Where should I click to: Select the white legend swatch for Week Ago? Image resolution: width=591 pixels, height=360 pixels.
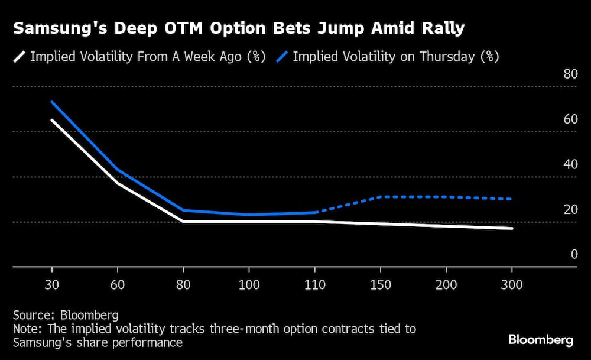[x=20, y=57]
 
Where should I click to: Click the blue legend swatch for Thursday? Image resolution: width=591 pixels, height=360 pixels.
[x=282, y=57]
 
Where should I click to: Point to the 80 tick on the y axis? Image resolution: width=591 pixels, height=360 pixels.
[x=570, y=74]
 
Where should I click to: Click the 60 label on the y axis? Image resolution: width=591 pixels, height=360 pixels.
[x=570, y=119]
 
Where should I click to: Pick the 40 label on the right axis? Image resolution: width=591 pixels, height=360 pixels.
[x=570, y=164]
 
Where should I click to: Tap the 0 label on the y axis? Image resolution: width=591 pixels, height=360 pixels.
[x=573, y=254]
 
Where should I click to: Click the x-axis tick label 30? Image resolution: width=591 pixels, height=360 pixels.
[x=52, y=284]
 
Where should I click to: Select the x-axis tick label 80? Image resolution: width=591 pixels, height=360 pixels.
[x=184, y=284]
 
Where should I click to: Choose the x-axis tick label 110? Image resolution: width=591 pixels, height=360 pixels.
[x=315, y=284]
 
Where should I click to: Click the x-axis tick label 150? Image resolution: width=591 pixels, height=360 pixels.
[x=381, y=284]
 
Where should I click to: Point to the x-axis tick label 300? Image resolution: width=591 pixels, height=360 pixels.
[x=512, y=284]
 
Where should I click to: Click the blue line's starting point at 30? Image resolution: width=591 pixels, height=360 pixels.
[x=52, y=102]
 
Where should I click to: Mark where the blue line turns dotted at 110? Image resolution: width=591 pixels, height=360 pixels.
[x=317, y=212]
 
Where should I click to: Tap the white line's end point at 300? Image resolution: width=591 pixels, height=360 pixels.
[x=512, y=228]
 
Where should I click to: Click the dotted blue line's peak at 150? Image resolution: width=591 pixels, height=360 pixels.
[x=381, y=196]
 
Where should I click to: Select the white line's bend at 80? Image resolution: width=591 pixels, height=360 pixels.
[x=184, y=221]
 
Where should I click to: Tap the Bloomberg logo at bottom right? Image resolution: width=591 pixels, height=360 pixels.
[x=541, y=340]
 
